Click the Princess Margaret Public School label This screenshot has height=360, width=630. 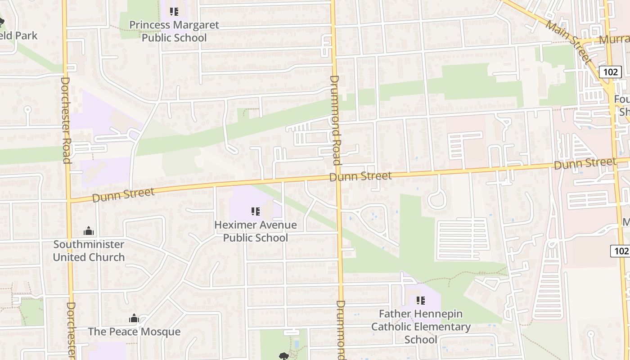174,31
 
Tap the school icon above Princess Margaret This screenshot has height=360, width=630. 174,12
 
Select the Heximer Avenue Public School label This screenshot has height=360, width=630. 256,231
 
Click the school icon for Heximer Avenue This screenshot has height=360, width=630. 256,211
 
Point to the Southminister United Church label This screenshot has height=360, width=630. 89,251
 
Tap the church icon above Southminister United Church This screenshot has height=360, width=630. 89,231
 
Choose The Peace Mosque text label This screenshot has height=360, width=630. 134,332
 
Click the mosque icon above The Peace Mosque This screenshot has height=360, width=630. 134,319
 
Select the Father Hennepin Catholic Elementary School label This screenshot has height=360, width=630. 421,326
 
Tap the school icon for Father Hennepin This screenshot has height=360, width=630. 421,300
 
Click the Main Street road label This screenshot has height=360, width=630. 570,40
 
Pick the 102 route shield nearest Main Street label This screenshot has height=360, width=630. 610,72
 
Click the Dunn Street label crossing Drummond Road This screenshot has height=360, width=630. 360,176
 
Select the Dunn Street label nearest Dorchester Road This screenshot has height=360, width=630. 123,195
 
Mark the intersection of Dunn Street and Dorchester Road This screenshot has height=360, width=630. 69,200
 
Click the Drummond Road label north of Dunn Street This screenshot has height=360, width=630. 335,120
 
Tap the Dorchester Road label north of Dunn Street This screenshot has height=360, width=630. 66,120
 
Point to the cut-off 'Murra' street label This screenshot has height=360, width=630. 614,40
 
